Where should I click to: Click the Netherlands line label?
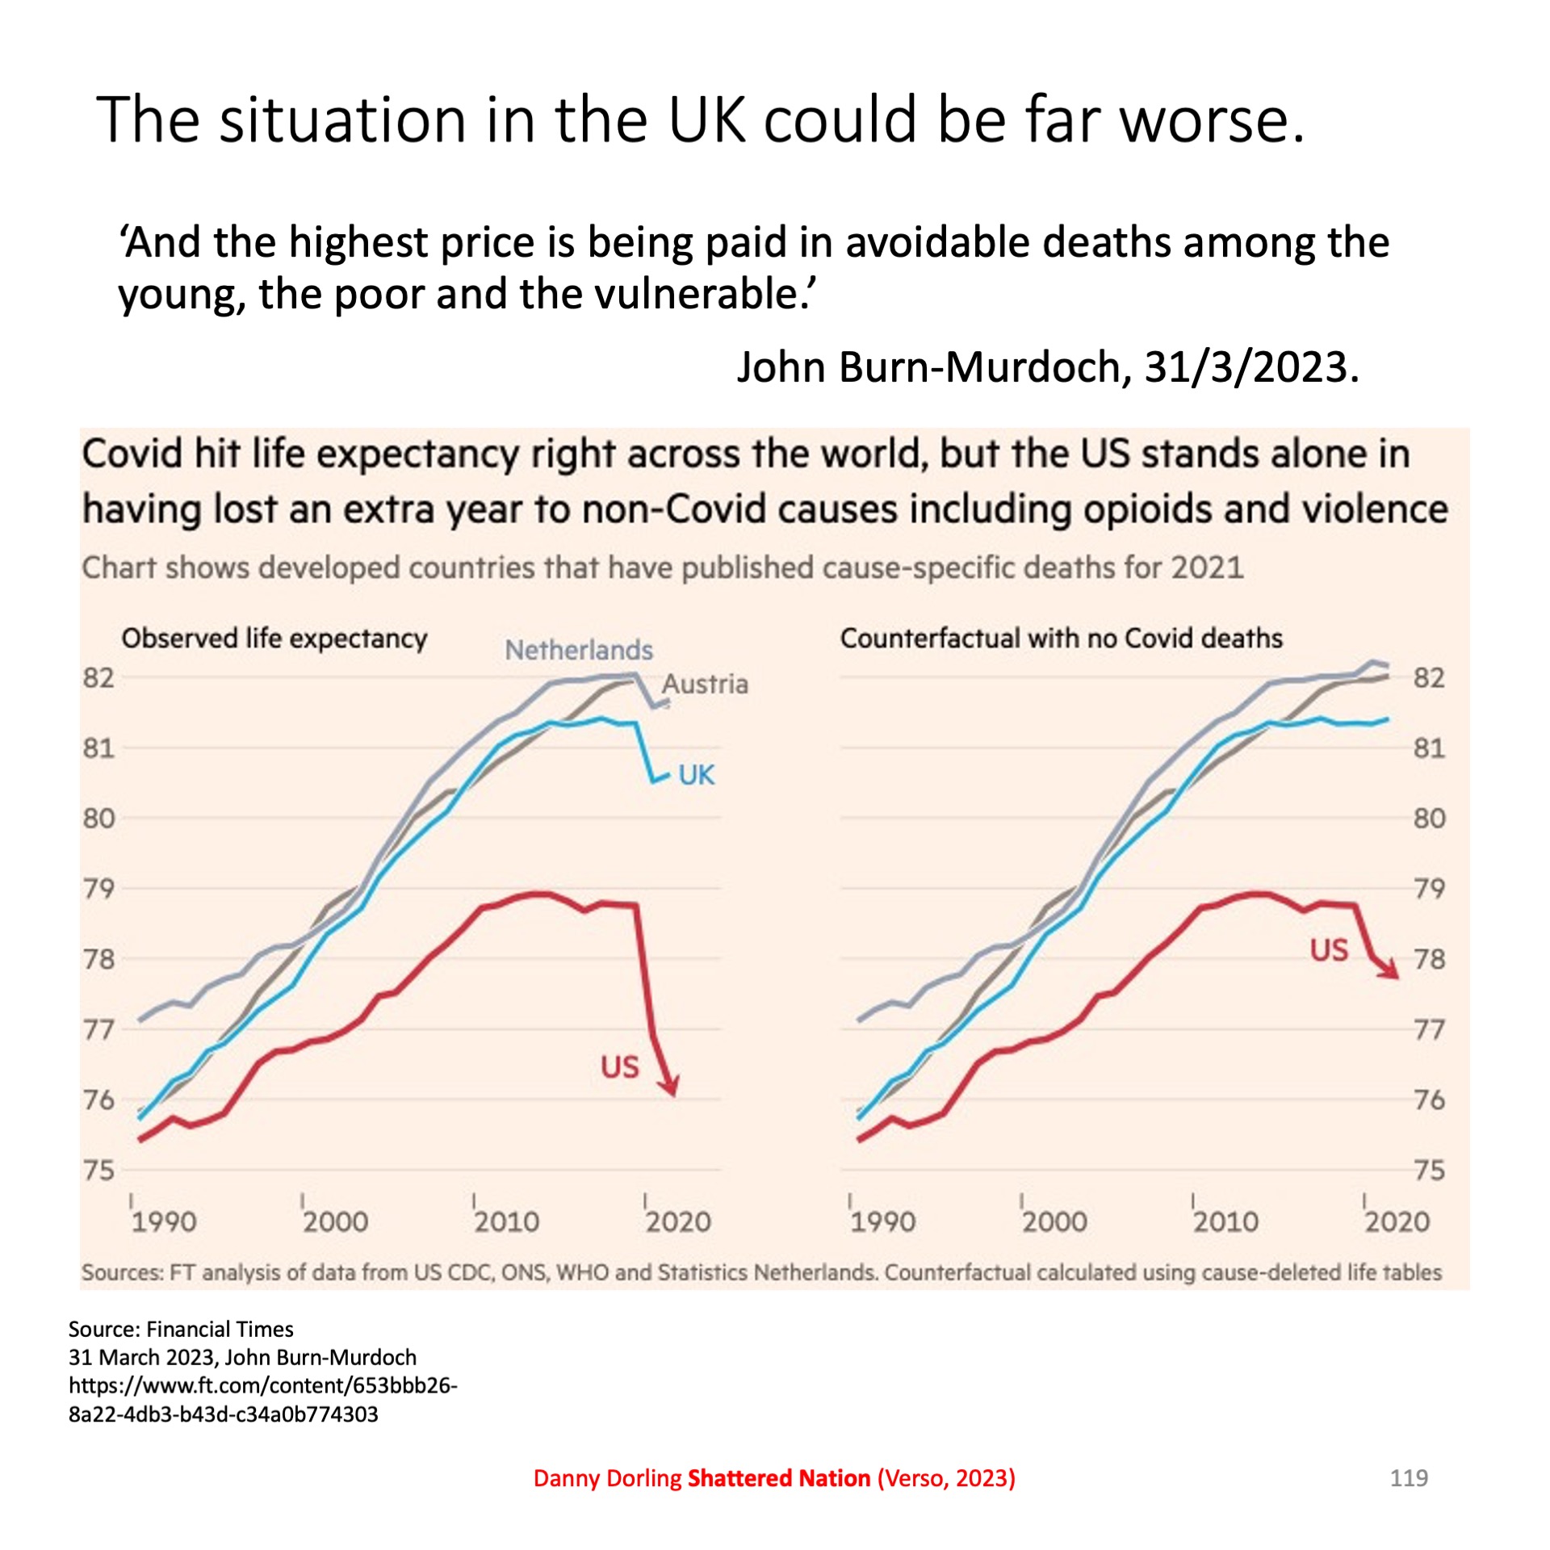(578, 650)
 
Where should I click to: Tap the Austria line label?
(705, 685)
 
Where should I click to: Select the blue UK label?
(696, 775)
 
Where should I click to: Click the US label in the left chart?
(619, 1067)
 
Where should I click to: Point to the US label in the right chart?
(1329, 950)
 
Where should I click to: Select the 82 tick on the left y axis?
(98, 678)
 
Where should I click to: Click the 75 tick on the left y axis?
(98, 1170)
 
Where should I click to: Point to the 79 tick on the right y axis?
(1429, 889)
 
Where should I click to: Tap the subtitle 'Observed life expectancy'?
(274, 639)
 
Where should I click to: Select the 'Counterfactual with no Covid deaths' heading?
(1061, 639)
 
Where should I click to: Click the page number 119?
(1409, 1478)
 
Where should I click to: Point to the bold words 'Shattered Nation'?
(779, 1478)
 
